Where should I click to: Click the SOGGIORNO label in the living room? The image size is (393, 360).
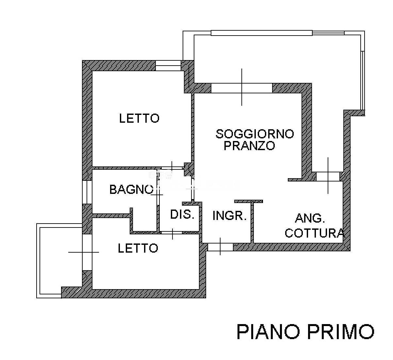255,134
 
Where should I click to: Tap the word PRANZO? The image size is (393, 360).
249,146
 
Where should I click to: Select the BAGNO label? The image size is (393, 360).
131,189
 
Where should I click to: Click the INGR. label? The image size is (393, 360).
229,215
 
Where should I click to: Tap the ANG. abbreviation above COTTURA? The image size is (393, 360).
310,218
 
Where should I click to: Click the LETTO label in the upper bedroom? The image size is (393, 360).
139,118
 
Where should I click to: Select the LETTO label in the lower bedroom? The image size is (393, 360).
138,248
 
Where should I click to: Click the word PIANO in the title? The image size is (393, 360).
268,332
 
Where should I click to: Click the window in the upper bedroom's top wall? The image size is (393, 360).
168,66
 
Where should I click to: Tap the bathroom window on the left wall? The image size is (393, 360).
87,192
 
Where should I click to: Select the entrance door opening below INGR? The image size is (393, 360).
221,247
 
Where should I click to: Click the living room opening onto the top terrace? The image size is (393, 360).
242,88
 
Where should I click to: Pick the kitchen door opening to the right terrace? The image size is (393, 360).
328,176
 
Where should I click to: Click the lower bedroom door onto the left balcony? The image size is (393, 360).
87,252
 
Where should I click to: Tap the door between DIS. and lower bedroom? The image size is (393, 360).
171,233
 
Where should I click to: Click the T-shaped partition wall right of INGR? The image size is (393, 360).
252,221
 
